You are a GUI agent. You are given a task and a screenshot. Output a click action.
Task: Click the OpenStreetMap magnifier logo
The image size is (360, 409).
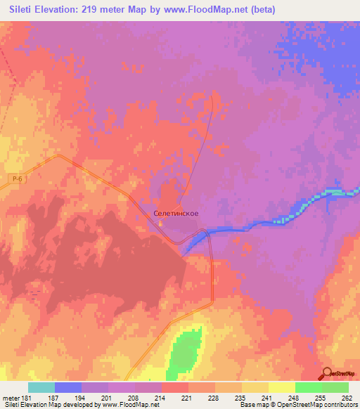click(328, 373)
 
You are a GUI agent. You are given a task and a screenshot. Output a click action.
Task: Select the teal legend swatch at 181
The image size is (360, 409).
click(41, 387)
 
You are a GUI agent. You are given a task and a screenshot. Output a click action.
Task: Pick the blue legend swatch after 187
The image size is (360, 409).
click(68, 387)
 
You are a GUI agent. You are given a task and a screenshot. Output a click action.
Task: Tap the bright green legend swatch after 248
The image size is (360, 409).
click(308, 387)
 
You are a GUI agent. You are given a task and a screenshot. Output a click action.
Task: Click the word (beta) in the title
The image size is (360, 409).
click(260, 9)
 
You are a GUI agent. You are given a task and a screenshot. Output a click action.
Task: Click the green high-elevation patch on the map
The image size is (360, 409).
click(185, 351)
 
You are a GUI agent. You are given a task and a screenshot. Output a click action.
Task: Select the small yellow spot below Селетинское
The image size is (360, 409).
click(162, 225)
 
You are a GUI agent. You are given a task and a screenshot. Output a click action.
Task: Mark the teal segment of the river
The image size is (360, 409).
click(337, 192)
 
